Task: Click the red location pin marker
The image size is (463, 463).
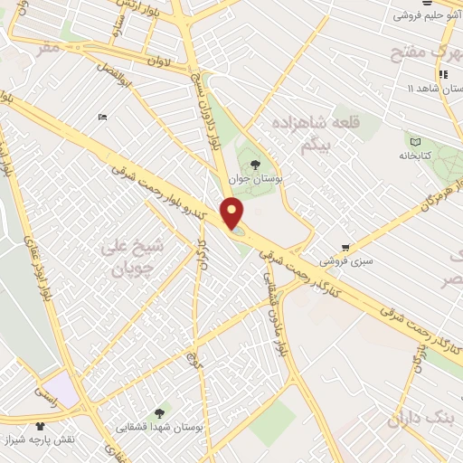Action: click(233, 213)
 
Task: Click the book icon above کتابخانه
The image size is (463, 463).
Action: click(415, 141)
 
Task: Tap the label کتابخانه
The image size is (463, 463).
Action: click(415, 156)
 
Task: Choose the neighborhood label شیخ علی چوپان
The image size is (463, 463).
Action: click(137, 258)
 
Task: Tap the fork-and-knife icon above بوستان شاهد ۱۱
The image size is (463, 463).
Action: click(442, 73)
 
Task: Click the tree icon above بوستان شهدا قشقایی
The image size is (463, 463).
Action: click(160, 411)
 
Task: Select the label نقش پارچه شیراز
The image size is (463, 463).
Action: click(42, 441)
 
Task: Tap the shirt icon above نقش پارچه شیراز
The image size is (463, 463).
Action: click(40, 426)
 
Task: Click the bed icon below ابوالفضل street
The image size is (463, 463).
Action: click(102, 118)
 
